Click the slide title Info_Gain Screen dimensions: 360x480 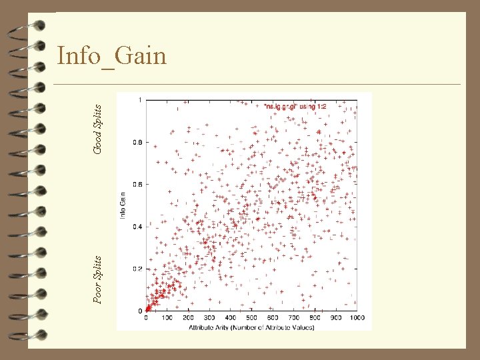click(111, 56)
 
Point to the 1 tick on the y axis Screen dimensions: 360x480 click(139, 100)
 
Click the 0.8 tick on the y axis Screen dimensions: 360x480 click(137, 142)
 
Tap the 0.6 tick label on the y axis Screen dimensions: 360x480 click(137, 184)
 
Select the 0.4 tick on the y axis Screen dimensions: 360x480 click(137, 227)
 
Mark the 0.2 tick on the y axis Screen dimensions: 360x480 click(137, 269)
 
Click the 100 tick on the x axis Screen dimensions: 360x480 click(167, 317)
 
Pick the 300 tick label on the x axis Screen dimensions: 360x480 click(209, 317)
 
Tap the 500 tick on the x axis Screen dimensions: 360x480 click(251, 317)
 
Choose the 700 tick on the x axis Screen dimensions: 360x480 click(293, 317)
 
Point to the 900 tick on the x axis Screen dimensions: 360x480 click(335, 317)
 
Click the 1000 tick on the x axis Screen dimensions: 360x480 click(356, 317)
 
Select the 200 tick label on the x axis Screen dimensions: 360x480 click(189, 317)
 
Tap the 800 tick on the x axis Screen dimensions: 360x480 click(315, 317)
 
